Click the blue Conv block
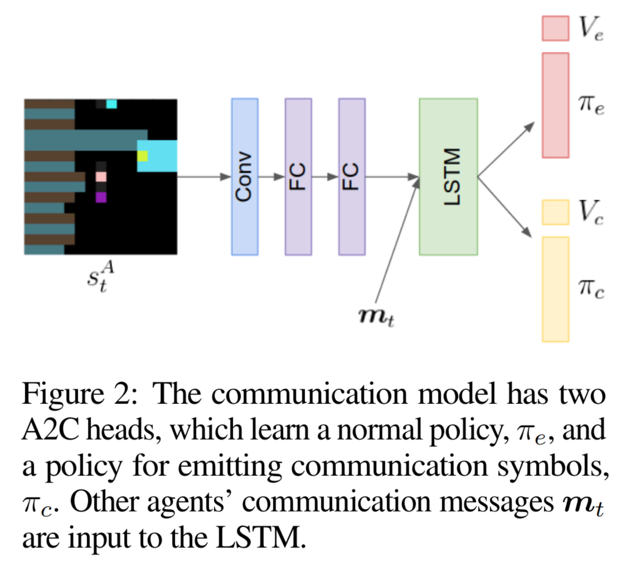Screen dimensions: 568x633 (x=245, y=177)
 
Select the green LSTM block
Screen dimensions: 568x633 (x=448, y=177)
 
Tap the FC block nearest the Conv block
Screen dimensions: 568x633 (x=298, y=177)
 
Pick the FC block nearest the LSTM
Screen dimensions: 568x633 (x=352, y=177)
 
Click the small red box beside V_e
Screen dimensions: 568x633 (x=555, y=28)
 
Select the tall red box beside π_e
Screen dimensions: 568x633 (x=555, y=105)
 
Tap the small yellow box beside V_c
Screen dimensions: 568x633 (x=555, y=212)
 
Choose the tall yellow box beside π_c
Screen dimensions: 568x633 (x=555, y=289)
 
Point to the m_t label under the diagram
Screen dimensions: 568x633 (x=376, y=316)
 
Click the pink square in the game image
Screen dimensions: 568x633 (x=101, y=176)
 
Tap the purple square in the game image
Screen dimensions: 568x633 (x=101, y=197)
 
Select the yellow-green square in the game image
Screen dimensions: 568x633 (x=142, y=156)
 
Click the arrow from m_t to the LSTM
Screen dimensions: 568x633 (x=397, y=240)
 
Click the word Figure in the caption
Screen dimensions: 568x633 (x=63, y=394)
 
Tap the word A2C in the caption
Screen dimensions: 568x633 (x=51, y=430)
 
